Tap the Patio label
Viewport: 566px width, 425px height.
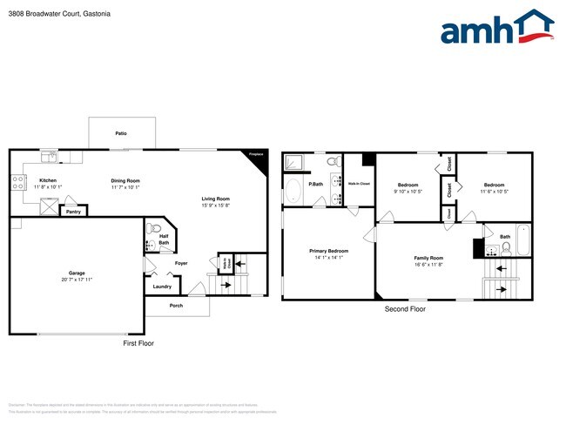tap(121, 133)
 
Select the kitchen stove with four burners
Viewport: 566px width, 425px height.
tap(17, 183)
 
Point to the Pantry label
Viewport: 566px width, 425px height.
tap(74, 211)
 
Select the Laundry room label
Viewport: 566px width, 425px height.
tap(162, 286)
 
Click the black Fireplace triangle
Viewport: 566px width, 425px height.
tap(255, 158)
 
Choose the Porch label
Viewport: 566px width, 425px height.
tap(176, 306)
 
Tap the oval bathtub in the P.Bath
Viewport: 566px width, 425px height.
tap(292, 192)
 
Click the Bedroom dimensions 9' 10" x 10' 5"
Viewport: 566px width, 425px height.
tap(408, 192)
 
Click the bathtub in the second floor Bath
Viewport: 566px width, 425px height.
tap(522, 239)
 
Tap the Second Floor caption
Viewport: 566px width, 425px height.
tap(405, 308)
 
